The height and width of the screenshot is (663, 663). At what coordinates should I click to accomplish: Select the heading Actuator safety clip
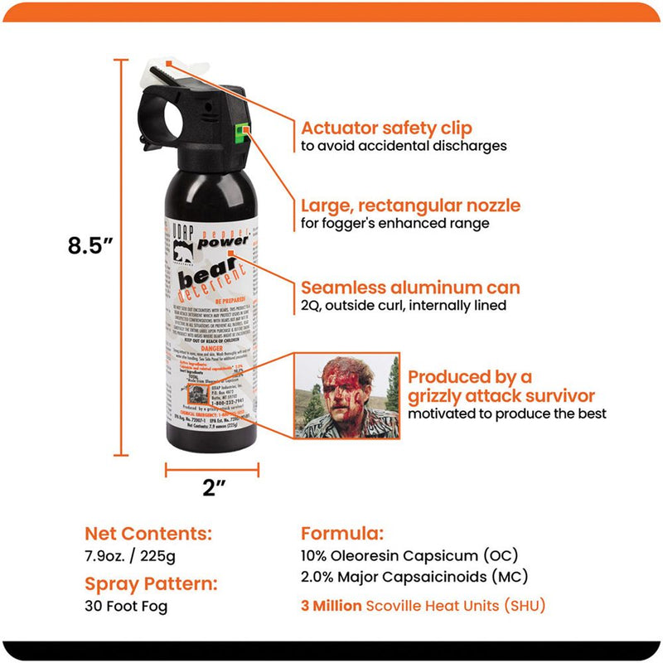pyautogui.click(x=386, y=128)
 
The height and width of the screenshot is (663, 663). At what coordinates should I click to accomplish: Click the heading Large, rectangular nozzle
pyautogui.click(x=411, y=206)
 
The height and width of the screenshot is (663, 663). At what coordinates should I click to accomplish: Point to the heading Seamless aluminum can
pyautogui.click(x=410, y=288)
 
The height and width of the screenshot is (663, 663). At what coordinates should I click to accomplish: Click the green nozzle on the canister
pyautogui.click(x=242, y=130)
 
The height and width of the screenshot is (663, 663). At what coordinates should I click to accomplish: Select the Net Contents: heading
pyautogui.click(x=148, y=532)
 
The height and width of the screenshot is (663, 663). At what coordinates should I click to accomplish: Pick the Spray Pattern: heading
pyautogui.click(x=151, y=583)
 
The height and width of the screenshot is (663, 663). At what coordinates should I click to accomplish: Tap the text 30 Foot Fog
pyautogui.click(x=126, y=607)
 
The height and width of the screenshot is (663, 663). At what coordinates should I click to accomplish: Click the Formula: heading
pyautogui.click(x=341, y=532)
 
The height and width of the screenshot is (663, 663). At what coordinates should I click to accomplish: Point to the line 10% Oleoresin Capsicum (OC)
pyautogui.click(x=410, y=555)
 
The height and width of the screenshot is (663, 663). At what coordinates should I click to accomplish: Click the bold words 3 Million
pyautogui.click(x=331, y=606)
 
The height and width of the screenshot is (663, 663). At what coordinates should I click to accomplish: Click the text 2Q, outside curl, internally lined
pyautogui.click(x=403, y=306)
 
